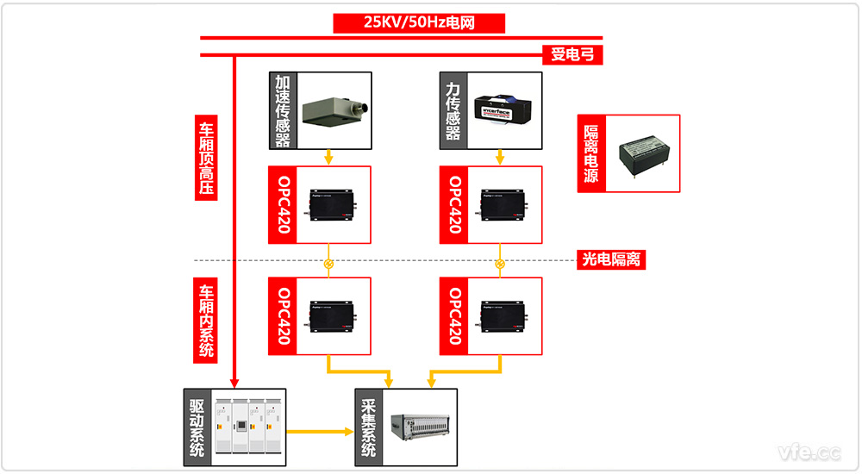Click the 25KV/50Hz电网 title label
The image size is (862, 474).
pyautogui.click(x=419, y=22)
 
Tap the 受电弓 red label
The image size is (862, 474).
pyautogui.click(x=572, y=56)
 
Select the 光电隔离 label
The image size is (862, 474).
pyautogui.click(x=611, y=259)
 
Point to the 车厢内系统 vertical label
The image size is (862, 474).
pyautogui.click(x=207, y=321)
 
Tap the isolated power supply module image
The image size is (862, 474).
pyautogui.click(x=644, y=154)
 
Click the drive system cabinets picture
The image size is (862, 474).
pyautogui.click(x=248, y=428)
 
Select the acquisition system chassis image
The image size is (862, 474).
pyautogui.click(x=419, y=428)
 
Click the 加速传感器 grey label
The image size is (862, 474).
pyautogui.click(x=282, y=111)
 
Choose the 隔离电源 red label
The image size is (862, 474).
pyautogui.click(x=592, y=154)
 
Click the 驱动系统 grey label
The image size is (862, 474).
pyautogui.click(x=197, y=428)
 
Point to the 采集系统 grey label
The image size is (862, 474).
pyautogui.click(x=368, y=428)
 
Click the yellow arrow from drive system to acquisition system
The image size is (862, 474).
pyautogui.click(x=319, y=431)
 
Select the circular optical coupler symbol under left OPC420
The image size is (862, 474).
pyautogui.click(x=328, y=264)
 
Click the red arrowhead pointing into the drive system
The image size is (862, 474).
pyautogui.click(x=234, y=383)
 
